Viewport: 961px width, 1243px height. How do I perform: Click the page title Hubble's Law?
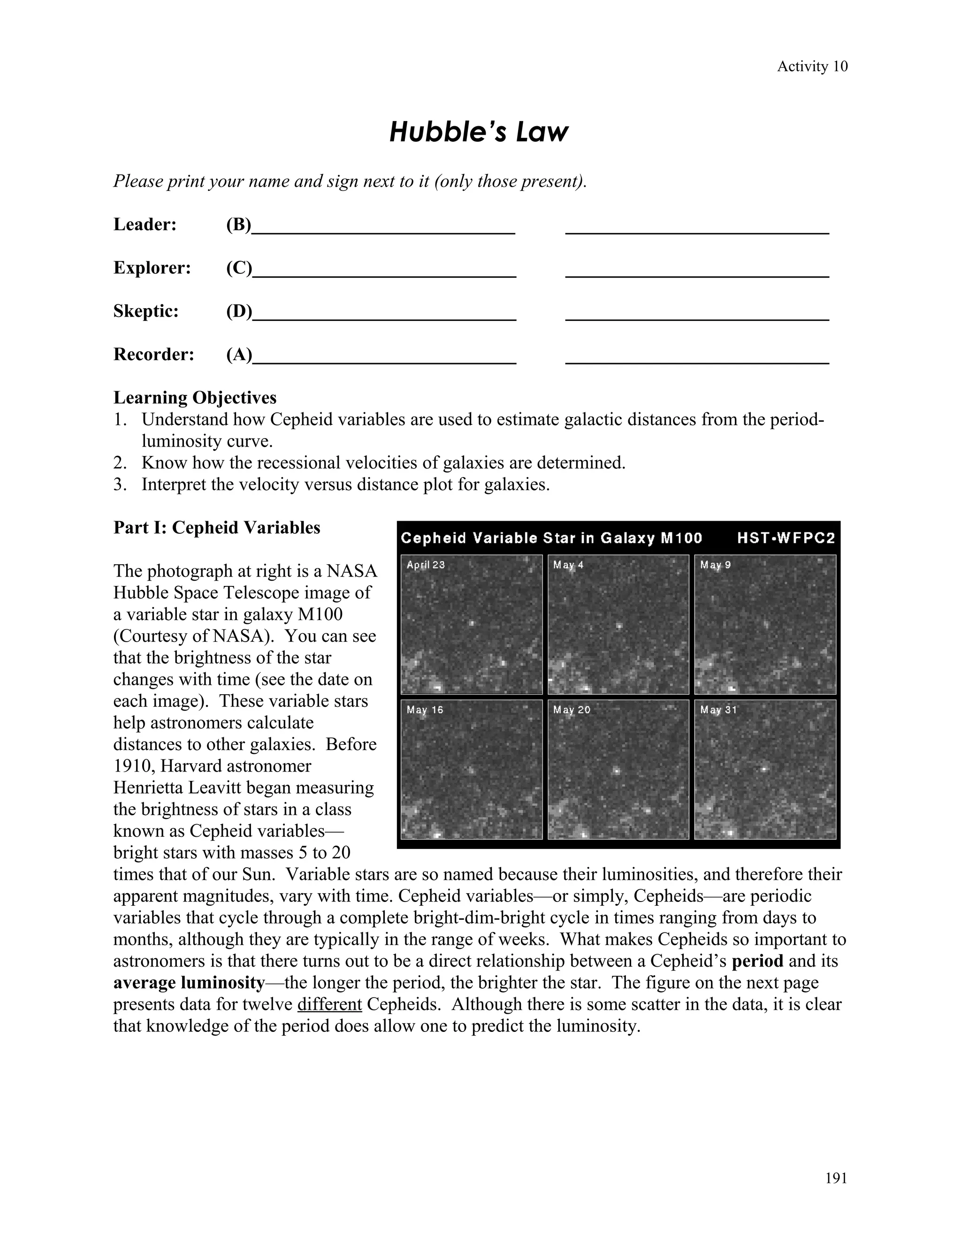(479, 132)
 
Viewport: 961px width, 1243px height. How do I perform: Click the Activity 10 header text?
(812, 67)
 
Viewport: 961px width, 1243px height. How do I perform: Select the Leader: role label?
(145, 225)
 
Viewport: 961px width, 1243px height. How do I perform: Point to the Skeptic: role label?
(146, 311)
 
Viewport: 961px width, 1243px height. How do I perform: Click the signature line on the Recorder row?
(697, 356)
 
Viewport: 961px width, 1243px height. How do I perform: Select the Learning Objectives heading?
(195, 397)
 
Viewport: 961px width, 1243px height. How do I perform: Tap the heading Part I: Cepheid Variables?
(216, 528)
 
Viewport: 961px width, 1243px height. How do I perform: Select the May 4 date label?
(568, 565)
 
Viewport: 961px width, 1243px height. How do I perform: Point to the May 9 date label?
(715, 565)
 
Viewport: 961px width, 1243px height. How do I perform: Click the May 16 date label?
(425, 710)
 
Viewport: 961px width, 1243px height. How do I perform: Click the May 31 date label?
(718, 710)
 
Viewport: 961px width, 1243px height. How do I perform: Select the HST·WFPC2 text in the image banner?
(786, 538)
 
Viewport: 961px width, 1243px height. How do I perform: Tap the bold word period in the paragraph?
(757, 961)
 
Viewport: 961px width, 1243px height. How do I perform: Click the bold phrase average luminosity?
(189, 982)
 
